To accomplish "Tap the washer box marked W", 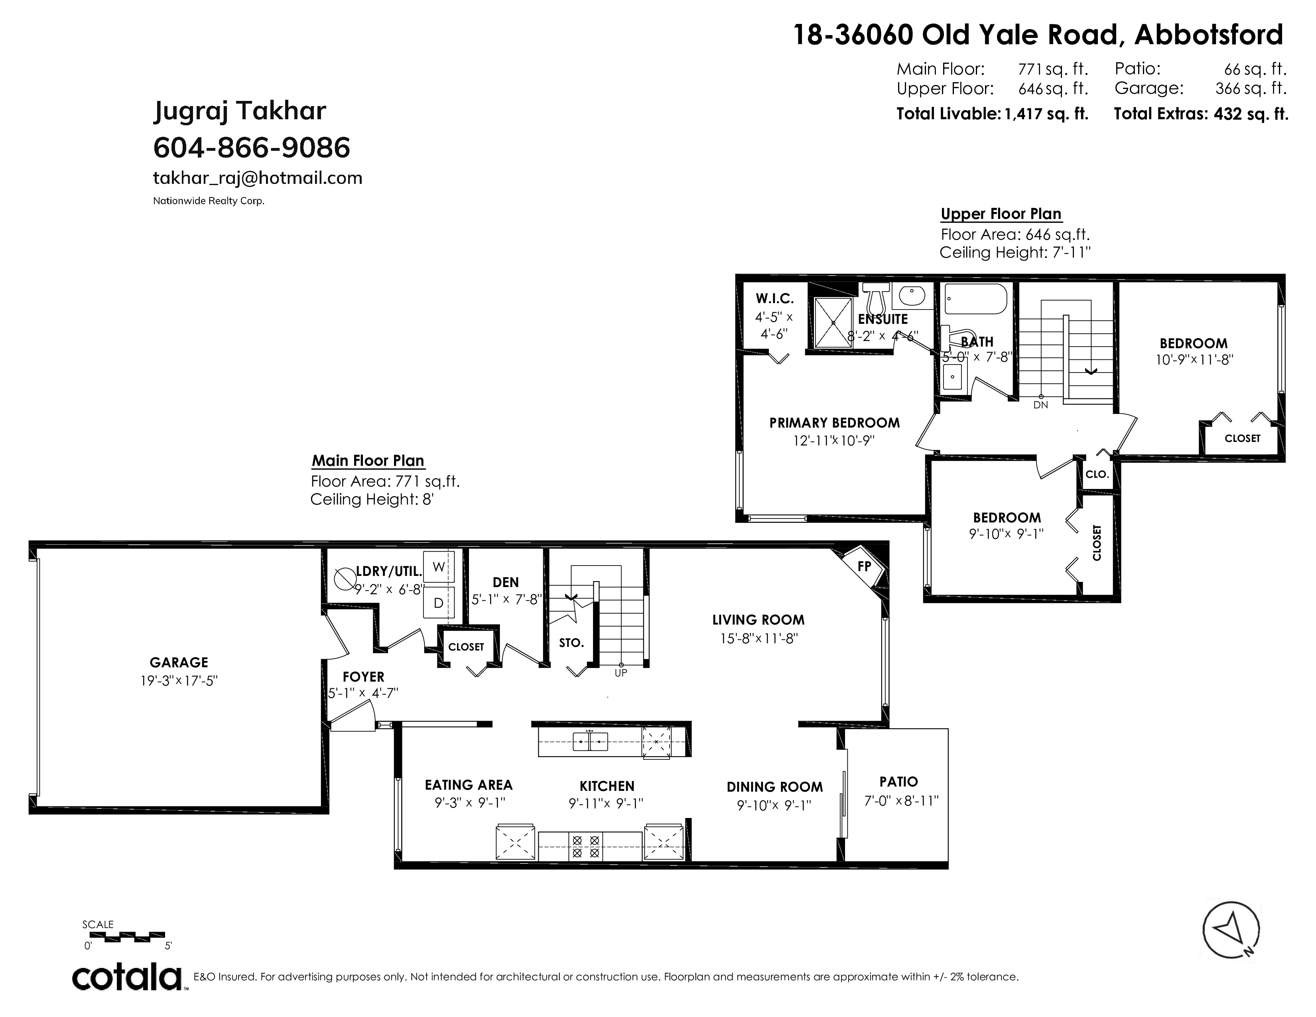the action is coord(439,567).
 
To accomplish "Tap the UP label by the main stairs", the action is coord(621,673).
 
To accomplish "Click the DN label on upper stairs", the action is coord(1040,405).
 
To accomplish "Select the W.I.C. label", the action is coord(774,298).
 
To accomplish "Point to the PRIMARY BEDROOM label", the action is coord(835,423).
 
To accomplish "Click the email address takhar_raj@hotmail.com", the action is coord(258,178).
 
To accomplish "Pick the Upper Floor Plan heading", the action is coord(1001,214).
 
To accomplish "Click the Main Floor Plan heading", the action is coord(368,461).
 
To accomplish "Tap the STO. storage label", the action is coord(571,643).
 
